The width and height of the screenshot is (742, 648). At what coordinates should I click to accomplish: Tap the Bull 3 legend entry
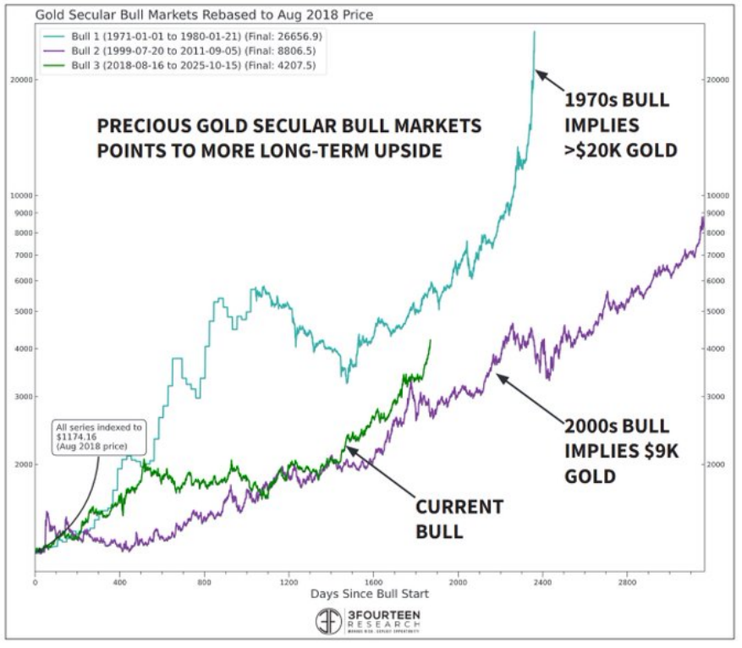[194, 65]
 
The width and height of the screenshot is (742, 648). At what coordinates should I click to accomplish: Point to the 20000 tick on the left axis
[19, 80]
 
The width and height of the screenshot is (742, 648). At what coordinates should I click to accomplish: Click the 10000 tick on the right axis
[717, 195]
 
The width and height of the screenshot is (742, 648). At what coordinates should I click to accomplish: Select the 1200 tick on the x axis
[289, 583]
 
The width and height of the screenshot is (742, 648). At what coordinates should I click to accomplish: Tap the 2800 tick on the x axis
[627, 583]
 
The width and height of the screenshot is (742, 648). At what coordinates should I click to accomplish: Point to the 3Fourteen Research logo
[370, 623]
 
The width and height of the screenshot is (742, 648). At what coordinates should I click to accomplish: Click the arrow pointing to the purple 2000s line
[528, 398]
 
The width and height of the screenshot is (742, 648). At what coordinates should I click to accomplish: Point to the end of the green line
[431, 340]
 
